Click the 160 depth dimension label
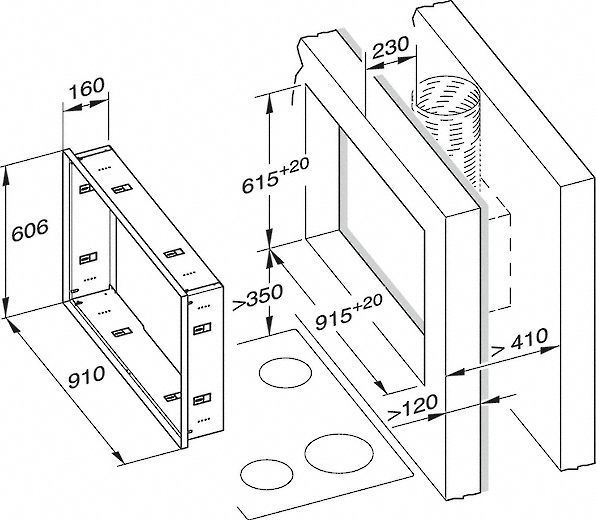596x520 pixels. tap(86, 88)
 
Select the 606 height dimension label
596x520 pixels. tap(30, 230)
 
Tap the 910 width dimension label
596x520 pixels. tap(86, 377)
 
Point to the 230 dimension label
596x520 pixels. tap(390, 48)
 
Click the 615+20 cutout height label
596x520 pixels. tap(276, 176)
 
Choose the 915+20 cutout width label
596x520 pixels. tap(349, 313)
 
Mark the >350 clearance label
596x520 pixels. tap(258, 297)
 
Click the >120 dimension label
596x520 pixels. tap(412, 408)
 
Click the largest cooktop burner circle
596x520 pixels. tap(339, 453)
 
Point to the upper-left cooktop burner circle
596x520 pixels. tap(285, 373)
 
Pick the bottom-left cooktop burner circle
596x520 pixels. tap(267, 475)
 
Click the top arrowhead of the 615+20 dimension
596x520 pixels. tap(269, 102)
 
